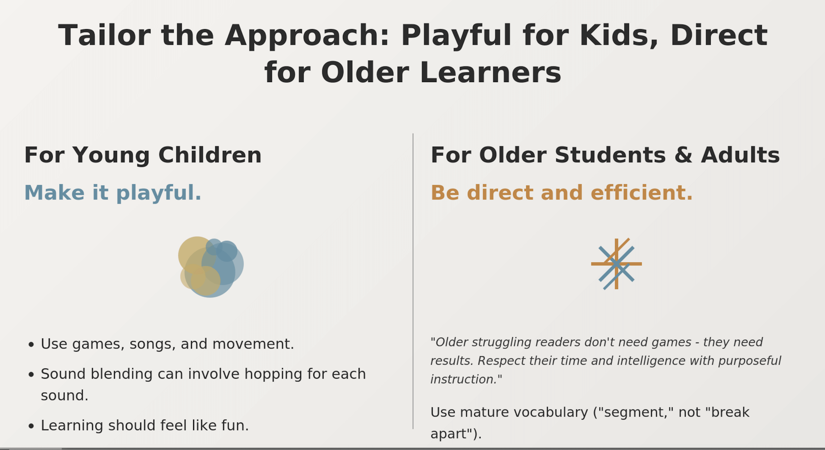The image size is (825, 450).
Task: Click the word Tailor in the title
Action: [x=104, y=35]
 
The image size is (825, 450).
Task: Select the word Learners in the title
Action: [x=490, y=72]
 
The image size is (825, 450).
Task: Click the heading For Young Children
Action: [x=143, y=155]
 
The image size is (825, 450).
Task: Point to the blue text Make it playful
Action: [x=113, y=193]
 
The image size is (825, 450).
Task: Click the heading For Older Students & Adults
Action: [x=605, y=155]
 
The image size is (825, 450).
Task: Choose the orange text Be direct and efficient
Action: [x=561, y=193]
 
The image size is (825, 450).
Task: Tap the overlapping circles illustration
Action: [x=211, y=267]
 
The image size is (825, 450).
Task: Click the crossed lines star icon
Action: [x=616, y=264]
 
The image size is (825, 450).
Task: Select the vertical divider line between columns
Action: [x=413, y=281]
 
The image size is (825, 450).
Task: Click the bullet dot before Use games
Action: [x=31, y=345]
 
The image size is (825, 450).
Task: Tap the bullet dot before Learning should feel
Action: [x=31, y=427]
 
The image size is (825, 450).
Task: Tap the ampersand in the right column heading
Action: [x=683, y=155]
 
